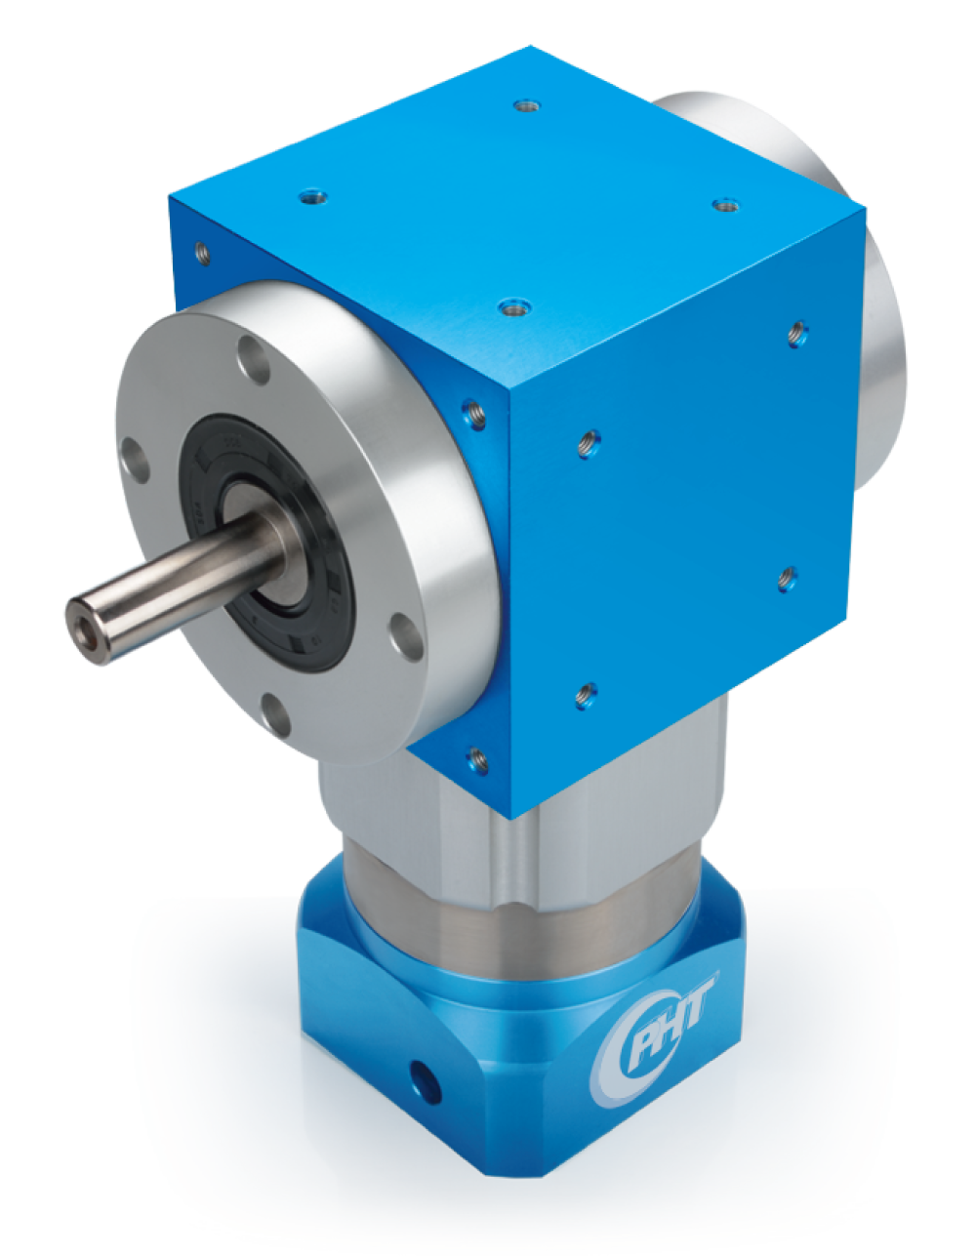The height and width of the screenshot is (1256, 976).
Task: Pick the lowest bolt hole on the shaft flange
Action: click(275, 716)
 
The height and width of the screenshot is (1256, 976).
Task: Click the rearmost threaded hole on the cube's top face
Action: click(526, 106)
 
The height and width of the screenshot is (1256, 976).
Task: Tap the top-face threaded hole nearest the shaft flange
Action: click(312, 198)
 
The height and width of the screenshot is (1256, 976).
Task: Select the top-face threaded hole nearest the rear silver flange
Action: click(725, 205)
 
